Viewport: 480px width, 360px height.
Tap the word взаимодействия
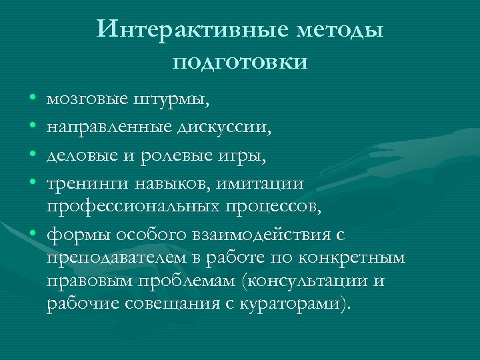click(274, 235)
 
